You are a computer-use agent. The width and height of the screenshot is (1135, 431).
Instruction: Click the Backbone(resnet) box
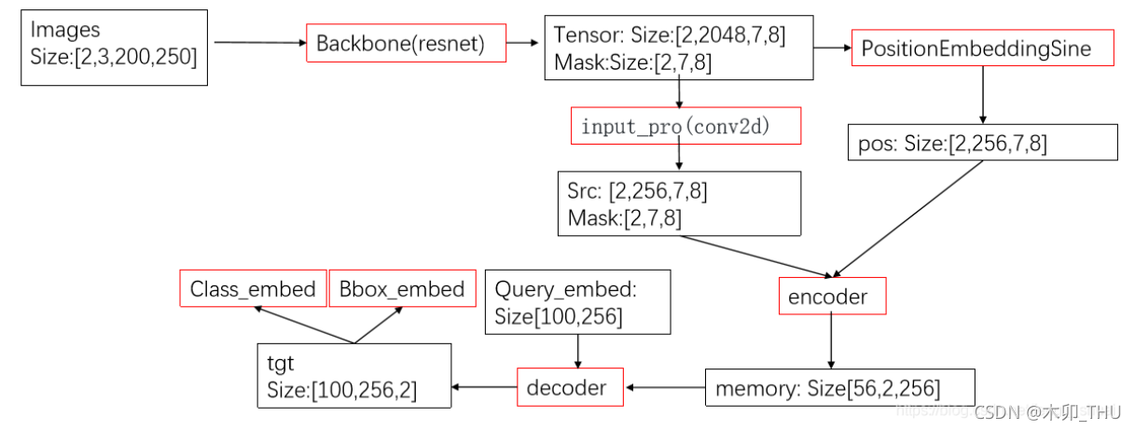click(406, 44)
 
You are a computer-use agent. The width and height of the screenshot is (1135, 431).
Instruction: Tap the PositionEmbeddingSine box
click(983, 49)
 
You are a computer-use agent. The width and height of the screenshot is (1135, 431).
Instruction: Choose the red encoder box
click(832, 298)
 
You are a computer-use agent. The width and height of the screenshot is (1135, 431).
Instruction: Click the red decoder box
click(570, 387)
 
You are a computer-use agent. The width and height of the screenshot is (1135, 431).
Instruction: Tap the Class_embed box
click(252, 289)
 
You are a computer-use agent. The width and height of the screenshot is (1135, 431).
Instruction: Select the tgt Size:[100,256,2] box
click(354, 375)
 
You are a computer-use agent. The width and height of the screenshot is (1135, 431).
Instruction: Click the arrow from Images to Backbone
click(259, 43)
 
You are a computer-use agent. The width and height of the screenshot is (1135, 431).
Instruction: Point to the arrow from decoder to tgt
click(484, 386)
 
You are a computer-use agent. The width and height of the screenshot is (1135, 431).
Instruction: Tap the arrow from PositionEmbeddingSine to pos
click(983, 97)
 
